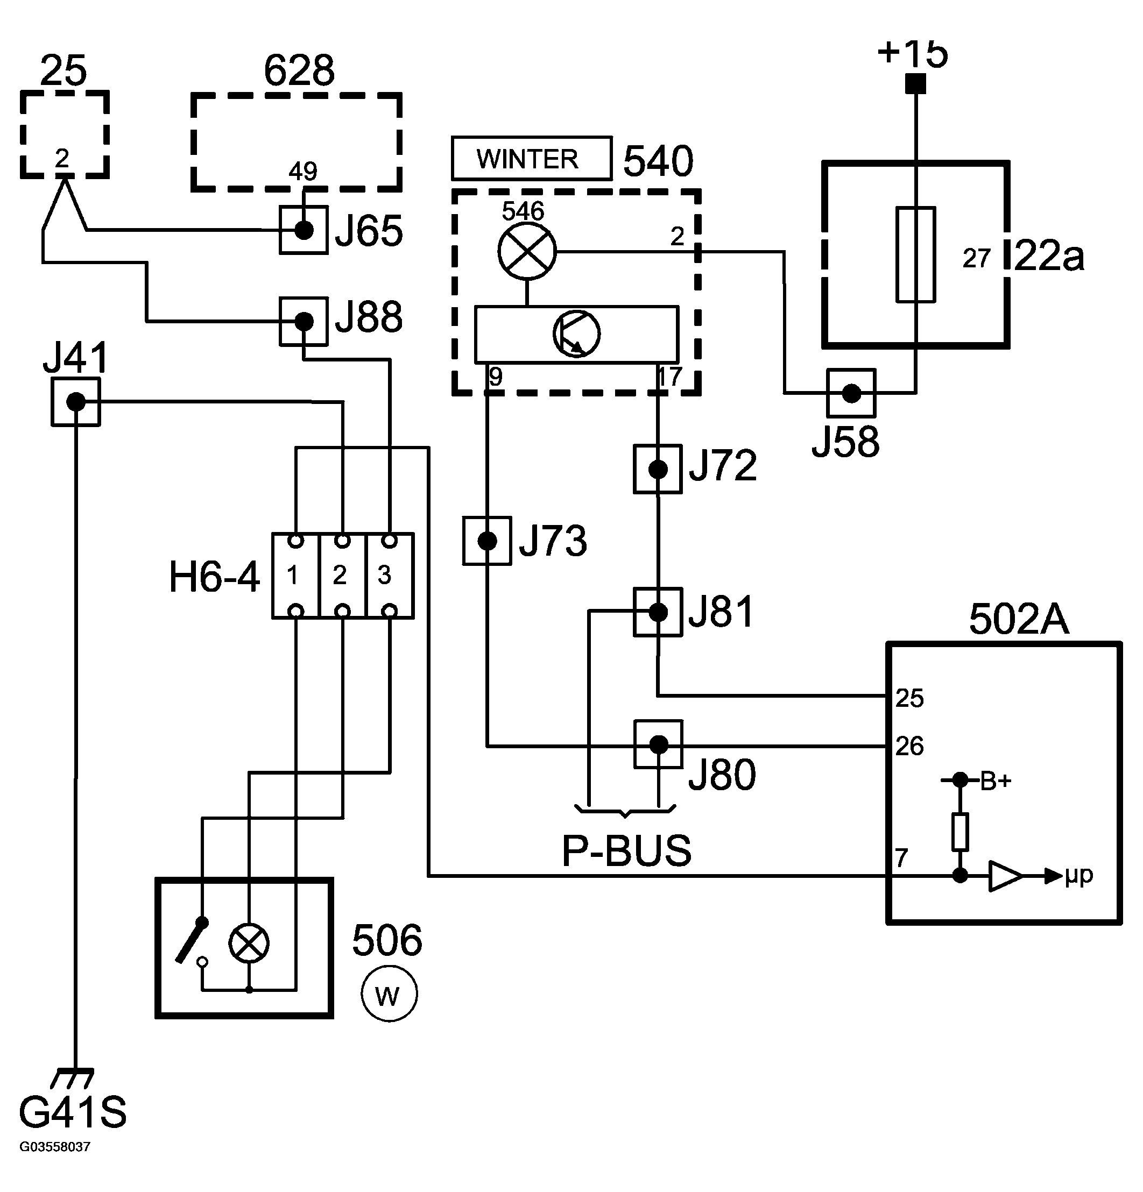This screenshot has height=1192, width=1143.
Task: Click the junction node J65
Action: [x=304, y=230]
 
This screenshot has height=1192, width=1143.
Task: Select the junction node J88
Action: [x=304, y=321]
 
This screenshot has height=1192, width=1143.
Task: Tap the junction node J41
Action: [x=75, y=401]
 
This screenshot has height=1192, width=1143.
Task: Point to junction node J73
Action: [x=486, y=541]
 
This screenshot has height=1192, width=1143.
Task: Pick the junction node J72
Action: [x=658, y=469]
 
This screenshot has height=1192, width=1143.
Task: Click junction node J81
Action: [x=658, y=612]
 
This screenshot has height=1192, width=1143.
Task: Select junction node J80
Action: [x=658, y=744]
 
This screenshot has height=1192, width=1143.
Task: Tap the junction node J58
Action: [x=851, y=393]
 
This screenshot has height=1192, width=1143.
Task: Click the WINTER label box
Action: [x=532, y=158]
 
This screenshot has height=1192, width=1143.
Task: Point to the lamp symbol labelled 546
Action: [x=527, y=251]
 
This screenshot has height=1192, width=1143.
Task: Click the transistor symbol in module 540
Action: [x=576, y=334]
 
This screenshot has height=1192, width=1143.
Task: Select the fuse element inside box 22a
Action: [x=915, y=254]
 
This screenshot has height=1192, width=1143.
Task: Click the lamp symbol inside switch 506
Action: [x=249, y=943]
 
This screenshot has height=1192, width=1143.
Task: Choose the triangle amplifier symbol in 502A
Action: [x=1005, y=876]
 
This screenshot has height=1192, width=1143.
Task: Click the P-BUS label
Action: [x=626, y=851]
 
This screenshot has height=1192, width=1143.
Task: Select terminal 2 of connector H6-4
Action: [x=342, y=576]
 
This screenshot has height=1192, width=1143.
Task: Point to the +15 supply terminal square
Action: [x=915, y=83]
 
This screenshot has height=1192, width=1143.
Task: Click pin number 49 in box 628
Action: [x=303, y=172]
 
